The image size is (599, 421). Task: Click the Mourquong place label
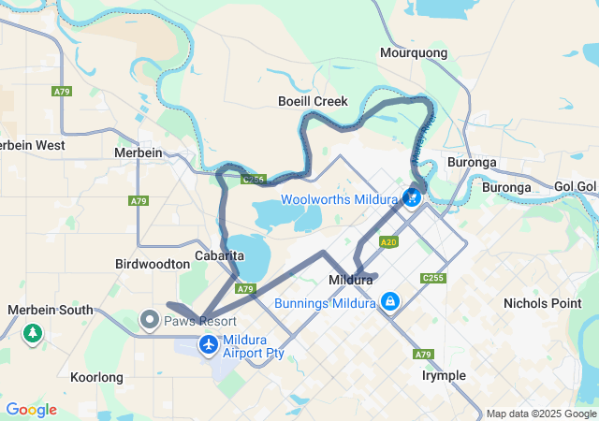[x=413, y=53]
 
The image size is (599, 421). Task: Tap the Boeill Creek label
[x=313, y=101]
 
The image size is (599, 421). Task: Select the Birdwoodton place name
[x=152, y=265]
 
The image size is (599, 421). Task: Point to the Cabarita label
[x=220, y=255]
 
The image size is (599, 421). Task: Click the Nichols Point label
[x=542, y=304]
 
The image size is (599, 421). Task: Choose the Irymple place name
[x=444, y=375]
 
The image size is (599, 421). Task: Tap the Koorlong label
[x=96, y=377]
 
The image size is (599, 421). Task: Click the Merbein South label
[x=50, y=310]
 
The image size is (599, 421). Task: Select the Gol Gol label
[x=575, y=186]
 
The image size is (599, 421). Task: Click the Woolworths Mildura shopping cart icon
[x=411, y=197]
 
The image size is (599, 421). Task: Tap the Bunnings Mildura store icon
[x=389, y=302]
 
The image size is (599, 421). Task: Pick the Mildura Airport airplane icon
[x=207, y=346]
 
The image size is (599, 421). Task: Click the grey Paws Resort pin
[x=150, y=321]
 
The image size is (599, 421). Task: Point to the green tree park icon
[x=33, y=332]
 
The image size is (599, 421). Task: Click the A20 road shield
[x=388, y=241]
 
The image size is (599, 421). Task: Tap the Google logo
[x=31, y=410]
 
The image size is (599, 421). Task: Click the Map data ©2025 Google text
[x=541, y=414]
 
